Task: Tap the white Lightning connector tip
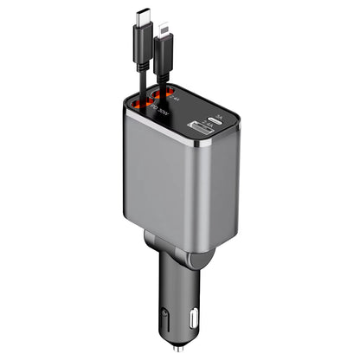[165, 27]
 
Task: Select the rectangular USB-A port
[196, 132]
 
